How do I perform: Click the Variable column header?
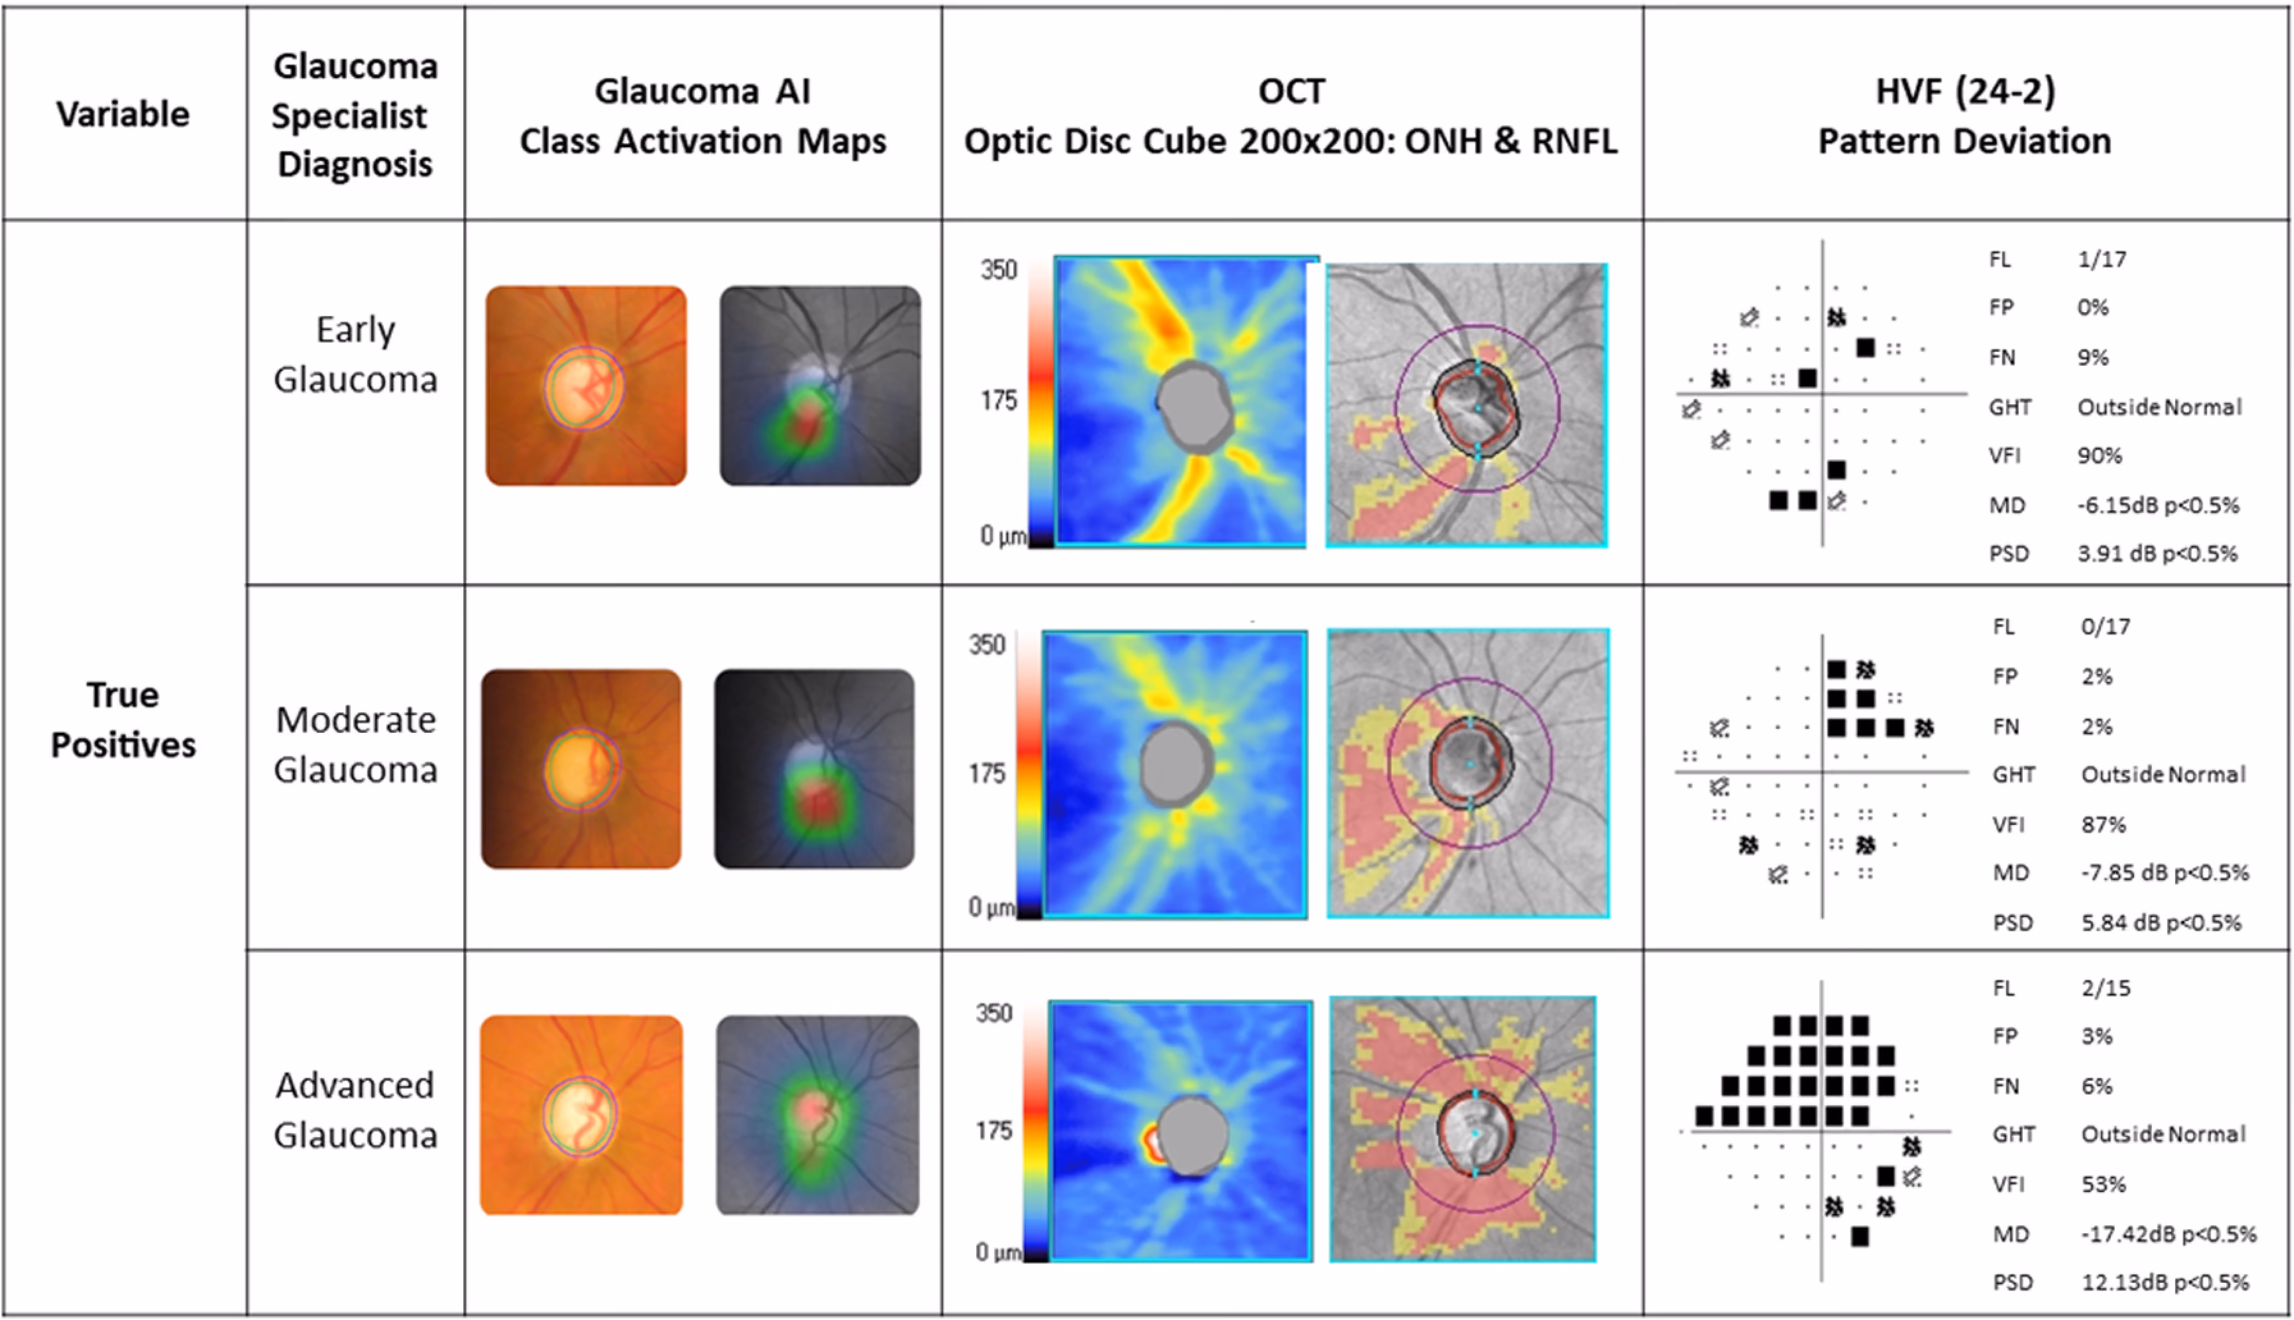pyautogui.click(x=123, y=114)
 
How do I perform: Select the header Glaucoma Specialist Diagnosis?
pyautogui.click(x=356, y=115)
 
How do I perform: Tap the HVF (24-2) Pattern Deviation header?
pyautogui.click(x=1965, y=116)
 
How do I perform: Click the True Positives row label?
pyautogui.click(x=123, y=720)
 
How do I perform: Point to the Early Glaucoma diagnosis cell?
pyautogui.click(x=356, y=354)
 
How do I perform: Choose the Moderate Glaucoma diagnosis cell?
pyautogui.click(x=356, y=744)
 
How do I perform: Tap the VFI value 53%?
pyautogui.click(x=2103, y=1184)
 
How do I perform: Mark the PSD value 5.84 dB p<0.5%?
pyautogui.click(x=2162, y=922)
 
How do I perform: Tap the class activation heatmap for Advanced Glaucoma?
pyautogui.click(x=818, y=1115)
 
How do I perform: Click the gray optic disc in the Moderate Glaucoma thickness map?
pyautogui.click(x=1176, y=764)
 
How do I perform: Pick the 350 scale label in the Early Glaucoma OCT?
pyautogui.click(x=999, y=270)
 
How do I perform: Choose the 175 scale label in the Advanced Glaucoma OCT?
pyautogui.click(x=993, y=1131)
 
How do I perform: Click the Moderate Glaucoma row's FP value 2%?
pyautogui.click(x=2096, y=677)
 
